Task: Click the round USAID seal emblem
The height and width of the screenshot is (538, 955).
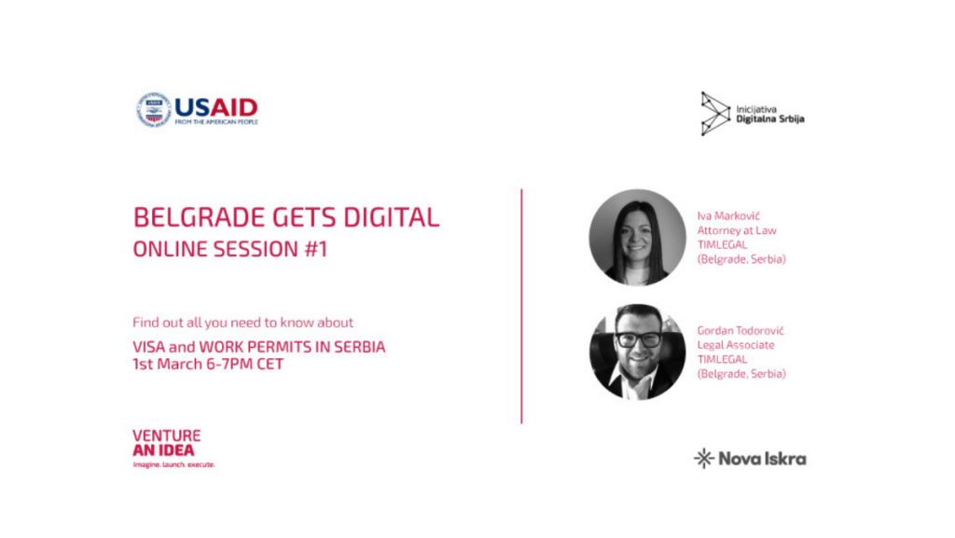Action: (x=154, y=110)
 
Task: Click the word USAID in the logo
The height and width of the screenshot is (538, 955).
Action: (x=216, y=108)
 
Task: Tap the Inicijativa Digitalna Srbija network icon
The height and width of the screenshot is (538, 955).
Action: (x=715, y=113)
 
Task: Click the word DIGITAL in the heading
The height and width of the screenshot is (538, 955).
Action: (x=391, y=217)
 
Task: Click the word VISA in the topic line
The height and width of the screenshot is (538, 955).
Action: (x=148, y=347)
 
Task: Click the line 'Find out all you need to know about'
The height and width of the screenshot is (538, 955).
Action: (x=243, y=323)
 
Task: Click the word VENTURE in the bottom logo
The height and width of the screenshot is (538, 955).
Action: (x=166, y=435)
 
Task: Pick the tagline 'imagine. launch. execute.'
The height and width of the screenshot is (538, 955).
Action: (x=173, y=464)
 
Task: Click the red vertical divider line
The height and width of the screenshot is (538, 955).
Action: (x=521, y=306)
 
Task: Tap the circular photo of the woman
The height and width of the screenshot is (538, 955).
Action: (x=637, y=238)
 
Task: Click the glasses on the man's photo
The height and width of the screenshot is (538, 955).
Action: (x=638, y=339)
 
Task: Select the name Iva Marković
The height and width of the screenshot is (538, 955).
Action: (x=728, y=216)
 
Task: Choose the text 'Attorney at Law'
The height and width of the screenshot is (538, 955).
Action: (x=737, y=230)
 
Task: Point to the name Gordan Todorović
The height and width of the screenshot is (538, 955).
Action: (x=740, y=330)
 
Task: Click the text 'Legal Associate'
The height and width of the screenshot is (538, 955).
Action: (x=736, y=345)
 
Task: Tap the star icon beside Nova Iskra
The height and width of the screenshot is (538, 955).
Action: (x=703, y=458)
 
